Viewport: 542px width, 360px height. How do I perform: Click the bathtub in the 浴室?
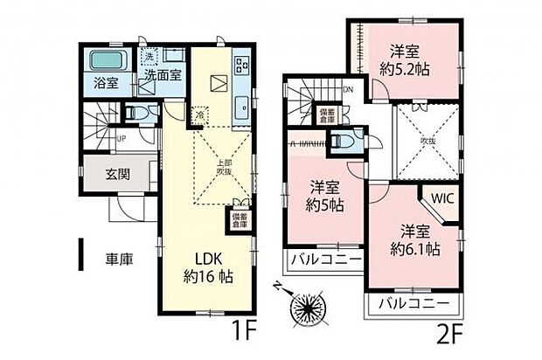click(x=110, y=64)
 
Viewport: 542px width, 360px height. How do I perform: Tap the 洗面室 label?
click(x=163, y=75)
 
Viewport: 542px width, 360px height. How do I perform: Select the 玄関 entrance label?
click(x=119, y=174)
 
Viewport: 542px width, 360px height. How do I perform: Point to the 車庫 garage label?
click(x=119, y=260)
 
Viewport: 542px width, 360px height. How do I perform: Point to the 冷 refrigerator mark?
click(x=199, y=114)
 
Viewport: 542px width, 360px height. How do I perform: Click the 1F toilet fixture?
click(x=134, y=114)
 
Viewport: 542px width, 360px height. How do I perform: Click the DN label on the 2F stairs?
click(x=347, y=90)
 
